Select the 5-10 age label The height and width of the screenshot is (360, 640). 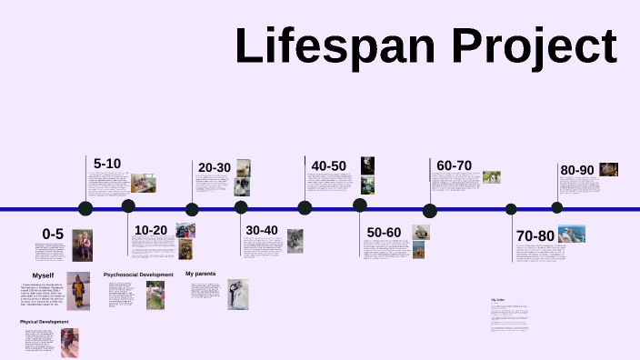(106, 164)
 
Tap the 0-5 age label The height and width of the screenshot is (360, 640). (53, 235)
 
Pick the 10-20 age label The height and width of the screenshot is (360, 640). (150, 230)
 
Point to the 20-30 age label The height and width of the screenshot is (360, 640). (215, 167)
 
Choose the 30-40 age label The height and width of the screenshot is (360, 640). (262, 230)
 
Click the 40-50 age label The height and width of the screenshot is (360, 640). (328, 165)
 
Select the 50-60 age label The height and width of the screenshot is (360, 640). (384, 233)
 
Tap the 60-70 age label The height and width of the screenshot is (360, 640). (454, 165)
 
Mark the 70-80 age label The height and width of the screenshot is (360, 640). (535, 235)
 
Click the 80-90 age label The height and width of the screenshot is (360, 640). (577, 170)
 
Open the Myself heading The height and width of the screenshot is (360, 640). (44, 275)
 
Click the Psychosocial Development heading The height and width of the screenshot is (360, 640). (138, 274)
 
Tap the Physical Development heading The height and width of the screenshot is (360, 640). (45, 322)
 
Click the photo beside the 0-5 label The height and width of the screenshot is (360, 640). (83, 245)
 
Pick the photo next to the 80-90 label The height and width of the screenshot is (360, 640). (608, 169)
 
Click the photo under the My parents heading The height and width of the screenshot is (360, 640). (237, 295)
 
